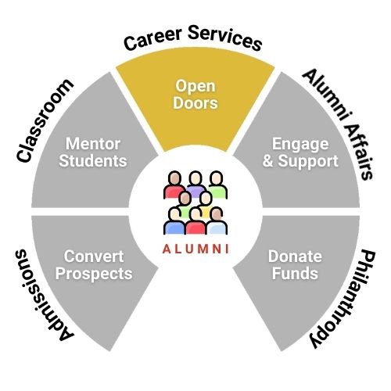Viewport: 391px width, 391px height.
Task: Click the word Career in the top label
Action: pos(152,39)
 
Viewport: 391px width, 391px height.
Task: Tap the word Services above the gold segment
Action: pos(224,38)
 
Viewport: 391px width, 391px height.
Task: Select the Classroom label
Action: pos(44,120)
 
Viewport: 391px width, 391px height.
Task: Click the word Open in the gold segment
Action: pos(195,86)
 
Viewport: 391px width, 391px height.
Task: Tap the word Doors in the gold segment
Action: pos(195,102)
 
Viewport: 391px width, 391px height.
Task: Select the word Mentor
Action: pos(93,144)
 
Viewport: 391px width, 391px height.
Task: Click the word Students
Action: pos(93,160)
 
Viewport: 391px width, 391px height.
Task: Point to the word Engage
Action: pos(300,145)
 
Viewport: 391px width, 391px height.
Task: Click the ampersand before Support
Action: pos(267,161)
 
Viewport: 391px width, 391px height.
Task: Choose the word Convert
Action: pos(94,256)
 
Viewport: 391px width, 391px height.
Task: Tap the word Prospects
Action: pos(94,274)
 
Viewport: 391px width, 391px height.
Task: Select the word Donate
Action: pos(295,256)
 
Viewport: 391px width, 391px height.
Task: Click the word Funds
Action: pos(295,274)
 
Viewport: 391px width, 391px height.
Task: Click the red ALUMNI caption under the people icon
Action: pos(195,249)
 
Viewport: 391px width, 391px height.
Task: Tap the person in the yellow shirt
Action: pos(206,206)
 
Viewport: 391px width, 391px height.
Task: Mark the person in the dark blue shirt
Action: pos(174,221)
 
